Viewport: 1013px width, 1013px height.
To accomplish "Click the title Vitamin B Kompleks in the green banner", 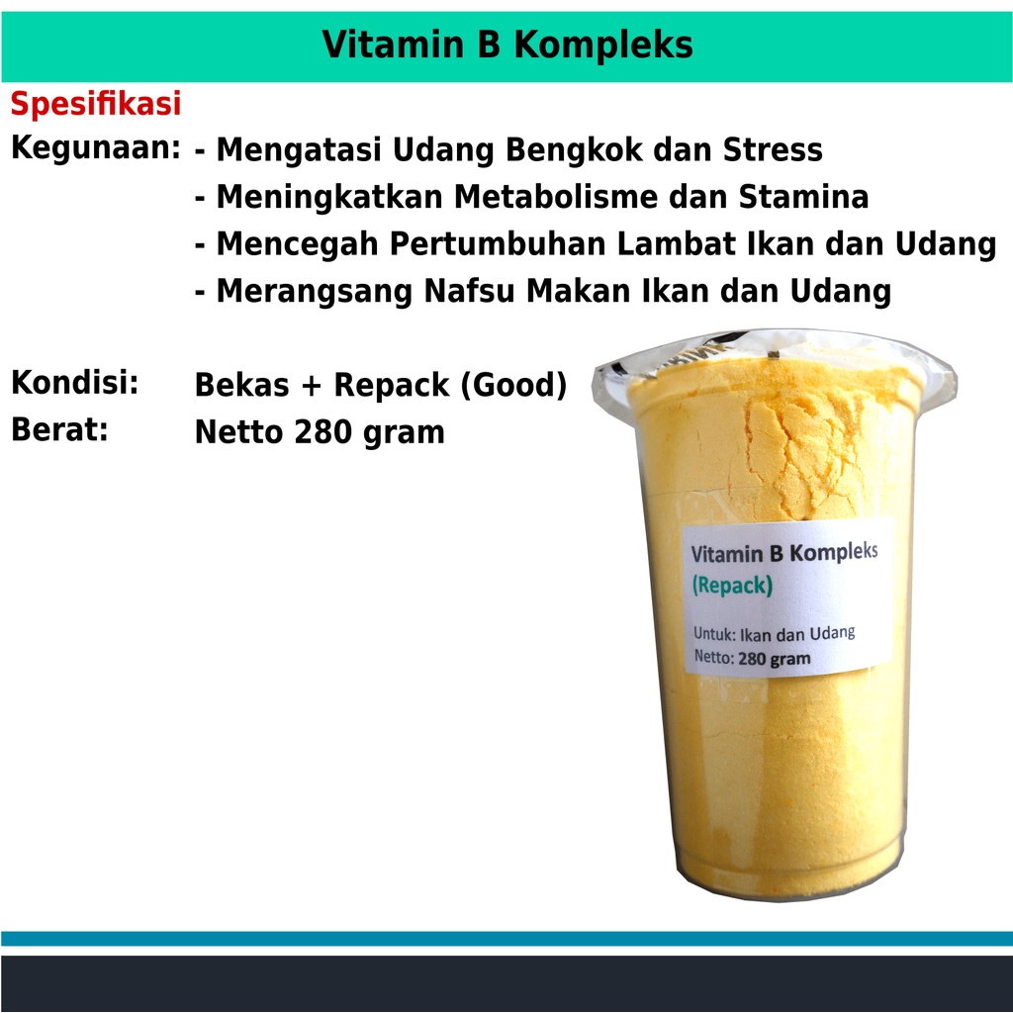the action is coord(507,45).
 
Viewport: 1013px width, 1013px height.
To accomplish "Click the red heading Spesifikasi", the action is coord(96,104).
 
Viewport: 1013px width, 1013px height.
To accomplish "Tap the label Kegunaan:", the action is coord(96,148).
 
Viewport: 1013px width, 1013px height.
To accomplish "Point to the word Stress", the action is coord(773,150).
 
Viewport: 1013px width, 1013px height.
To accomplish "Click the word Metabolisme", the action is coord(556,197).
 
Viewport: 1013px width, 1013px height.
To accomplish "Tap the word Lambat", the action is coord(677,244).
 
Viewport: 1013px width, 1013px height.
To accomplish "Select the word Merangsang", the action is coord(315,292).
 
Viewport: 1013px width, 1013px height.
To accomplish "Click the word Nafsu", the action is coord(470,291).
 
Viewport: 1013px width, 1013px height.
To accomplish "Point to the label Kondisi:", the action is coord(75,382).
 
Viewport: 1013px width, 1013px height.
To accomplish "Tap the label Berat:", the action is coord(59,429).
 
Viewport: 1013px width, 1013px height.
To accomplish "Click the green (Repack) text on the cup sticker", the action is coord(732,586).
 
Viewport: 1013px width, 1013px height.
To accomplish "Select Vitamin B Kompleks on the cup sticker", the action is coord(784,552).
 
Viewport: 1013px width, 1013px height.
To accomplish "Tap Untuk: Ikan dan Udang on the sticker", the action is coord(774,633).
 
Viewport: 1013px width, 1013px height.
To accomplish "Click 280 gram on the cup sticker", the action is coord(774,659).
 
